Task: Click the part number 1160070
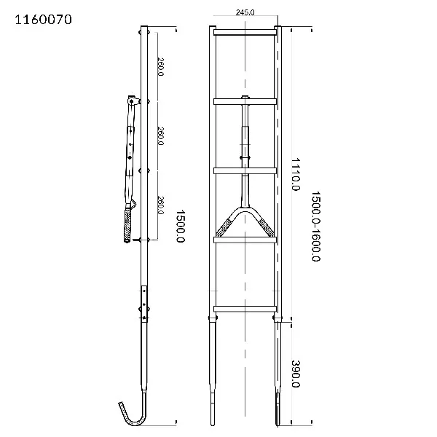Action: [43, 20]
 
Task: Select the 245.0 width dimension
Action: [245, 12]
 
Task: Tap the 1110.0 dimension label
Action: [296, 174]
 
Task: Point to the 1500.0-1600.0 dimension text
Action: [315, 226]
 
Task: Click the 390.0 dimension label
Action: [296, 374]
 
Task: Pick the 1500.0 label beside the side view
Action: [181, 226]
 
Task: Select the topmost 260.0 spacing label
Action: [160, 66]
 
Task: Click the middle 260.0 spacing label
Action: [160, 135]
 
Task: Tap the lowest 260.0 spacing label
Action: [160, 205]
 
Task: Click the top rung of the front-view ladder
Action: [245, 32]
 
